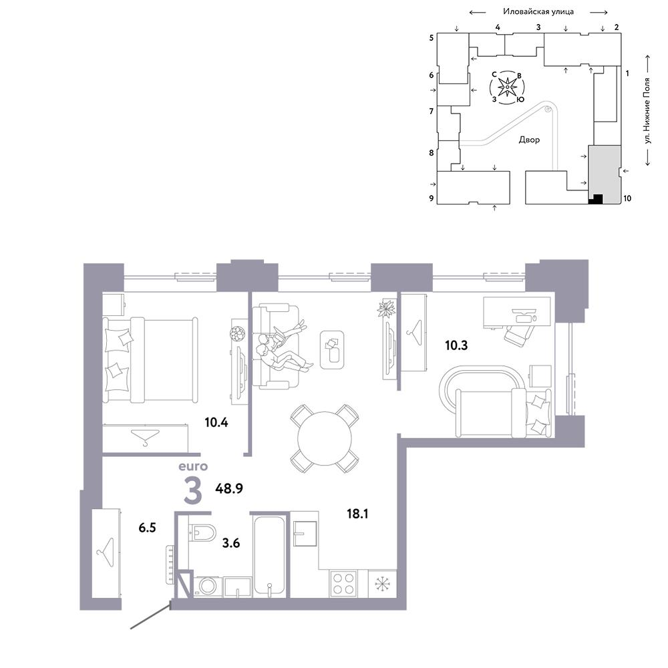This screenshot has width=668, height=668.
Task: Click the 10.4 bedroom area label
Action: click(216, 423)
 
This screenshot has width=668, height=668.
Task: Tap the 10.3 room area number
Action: click(456, 345)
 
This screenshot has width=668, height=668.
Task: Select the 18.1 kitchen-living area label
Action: click(357, 514)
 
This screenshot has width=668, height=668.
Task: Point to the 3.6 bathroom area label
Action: click(231, 543)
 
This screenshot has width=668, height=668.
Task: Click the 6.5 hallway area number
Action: click(147, 528)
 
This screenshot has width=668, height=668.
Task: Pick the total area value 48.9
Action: click(229, 488)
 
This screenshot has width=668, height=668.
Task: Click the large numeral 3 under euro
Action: click(192, 490)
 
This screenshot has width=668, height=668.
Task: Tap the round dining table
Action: click(325, 438)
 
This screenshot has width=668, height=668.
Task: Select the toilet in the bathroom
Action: click(202, 532)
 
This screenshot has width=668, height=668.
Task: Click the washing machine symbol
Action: click(208, 587)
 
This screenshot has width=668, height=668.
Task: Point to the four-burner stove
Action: click(343, 584)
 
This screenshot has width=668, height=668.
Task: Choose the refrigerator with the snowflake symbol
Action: click(382, 584)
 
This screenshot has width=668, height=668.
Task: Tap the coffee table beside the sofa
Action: click(332, 350)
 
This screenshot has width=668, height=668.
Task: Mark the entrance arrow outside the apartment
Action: click(151, 616)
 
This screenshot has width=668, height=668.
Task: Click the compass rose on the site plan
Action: click(508, 88)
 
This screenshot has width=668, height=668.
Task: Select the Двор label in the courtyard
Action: click(529, 140)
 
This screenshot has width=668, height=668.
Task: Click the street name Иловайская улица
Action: click(538, 12)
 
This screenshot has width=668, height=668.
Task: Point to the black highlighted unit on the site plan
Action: click(596, 199)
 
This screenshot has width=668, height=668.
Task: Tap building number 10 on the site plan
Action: click(627, 198)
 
